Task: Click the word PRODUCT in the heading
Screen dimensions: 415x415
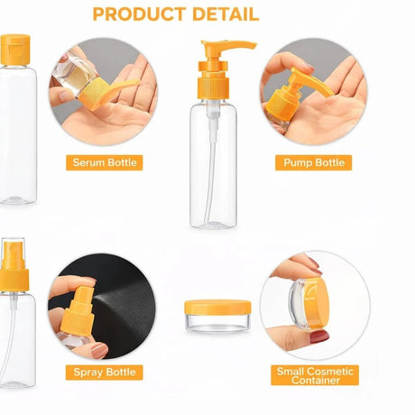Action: (x=140, y=14)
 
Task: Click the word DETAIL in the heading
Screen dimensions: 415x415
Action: (x=226, y=14)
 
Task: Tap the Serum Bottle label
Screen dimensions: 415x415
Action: (x=105, y=162)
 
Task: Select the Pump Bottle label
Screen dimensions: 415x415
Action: (x=314, y=162)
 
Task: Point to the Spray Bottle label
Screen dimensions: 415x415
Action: (x=105, y=373)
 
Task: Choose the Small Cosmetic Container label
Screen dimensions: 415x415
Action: (x=315, y=375)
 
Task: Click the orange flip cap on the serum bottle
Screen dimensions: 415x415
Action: (x=15, y=50)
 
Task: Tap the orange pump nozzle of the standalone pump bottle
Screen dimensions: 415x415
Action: (x=228, y=46)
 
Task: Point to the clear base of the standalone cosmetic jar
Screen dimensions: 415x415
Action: (x=217, y=323)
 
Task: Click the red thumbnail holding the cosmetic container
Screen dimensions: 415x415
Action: (x=319, y=337)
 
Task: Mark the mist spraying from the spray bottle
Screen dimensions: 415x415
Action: (x=111, y=300)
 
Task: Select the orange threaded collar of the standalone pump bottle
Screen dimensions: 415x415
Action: (x=214, y=88)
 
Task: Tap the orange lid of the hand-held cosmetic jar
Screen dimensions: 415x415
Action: (x=318, y=303)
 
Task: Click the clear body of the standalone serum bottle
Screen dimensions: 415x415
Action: (x=18, y=134)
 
